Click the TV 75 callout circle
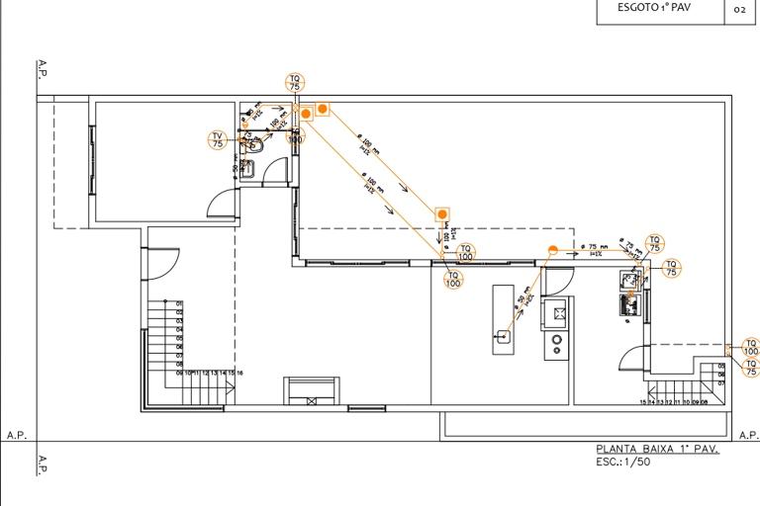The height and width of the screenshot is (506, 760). pyautogui.click(x=218, y=139)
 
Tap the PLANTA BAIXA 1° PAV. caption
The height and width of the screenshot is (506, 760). pyautogui.click(x=656, y=449)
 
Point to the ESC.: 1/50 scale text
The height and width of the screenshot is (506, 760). pyautogui.click(x=623, y=462)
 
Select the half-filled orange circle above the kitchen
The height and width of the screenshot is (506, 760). pyautogui.click(x=552, y=249)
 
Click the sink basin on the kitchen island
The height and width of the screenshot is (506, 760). pyautogui.click(x=503, y=336)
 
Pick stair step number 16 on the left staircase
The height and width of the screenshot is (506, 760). pyautogui.click(x=240, y=373)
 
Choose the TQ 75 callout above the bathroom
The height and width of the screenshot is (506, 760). pyautogui.click(x=294, y=82)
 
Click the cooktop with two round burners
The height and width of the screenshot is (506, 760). pyautogui.click(x=556, y=344)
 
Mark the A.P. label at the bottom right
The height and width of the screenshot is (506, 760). pyautogui.click(x=748, y=435)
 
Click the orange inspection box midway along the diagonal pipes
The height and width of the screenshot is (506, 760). pyautogui.click(x=442, y=213)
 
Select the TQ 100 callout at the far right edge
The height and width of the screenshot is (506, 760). pyautogui.click(x=751, y=348)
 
